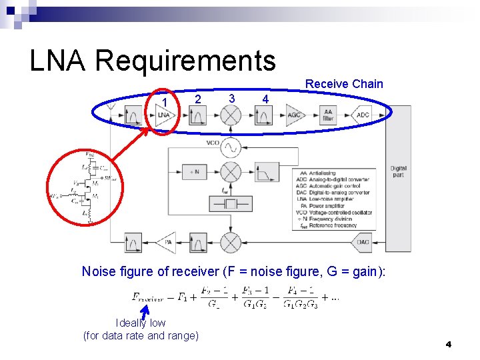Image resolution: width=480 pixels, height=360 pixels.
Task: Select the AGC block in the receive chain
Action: pyautogui.click(x=294, y=115)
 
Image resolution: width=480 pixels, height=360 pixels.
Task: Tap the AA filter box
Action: pyautogui.click(x=327, y=115)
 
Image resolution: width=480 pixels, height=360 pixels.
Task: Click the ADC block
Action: pyautogui.click(x=362, y=115)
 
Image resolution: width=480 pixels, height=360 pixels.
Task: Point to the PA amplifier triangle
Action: pyautogui.click(x=167, y=242)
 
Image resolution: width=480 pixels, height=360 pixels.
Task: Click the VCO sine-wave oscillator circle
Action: pyautogui.click(x=231, y=145)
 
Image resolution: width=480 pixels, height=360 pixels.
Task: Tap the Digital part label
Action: pyautogui.click(x=398, y=171)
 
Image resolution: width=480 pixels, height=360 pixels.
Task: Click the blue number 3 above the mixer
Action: pyautogui.click(x=231, y=98)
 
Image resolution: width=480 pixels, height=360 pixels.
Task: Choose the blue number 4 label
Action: pyautogui.click(x=265, y=99)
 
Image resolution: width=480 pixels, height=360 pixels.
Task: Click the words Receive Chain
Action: pyautogui.click(x=344, y=84)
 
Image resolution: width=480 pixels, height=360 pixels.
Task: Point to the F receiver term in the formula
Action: pyautogui.click(x=148, y=298)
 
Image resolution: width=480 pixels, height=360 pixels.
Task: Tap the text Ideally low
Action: pyautogui.click(x=141, y=323)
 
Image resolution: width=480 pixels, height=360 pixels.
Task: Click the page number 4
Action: pyautogui.click(x=449, y=344)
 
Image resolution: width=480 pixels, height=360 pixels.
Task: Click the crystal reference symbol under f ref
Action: pyautogui.click(x=231, y=203)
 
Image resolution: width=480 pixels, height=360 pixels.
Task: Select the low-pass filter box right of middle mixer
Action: pyautogui.click(x=265, y=173)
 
